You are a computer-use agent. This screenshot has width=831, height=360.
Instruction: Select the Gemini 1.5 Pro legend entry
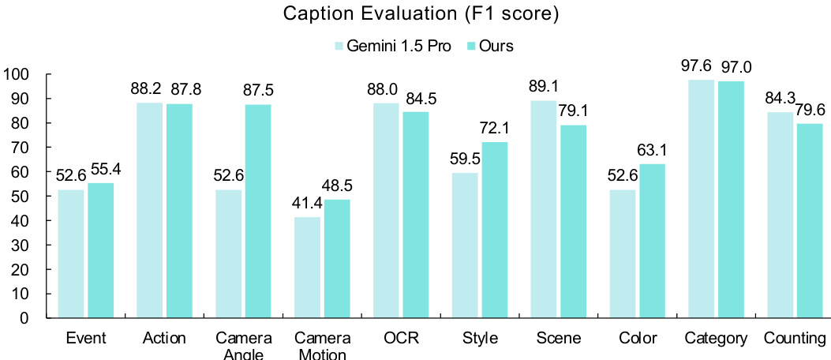[393, 46]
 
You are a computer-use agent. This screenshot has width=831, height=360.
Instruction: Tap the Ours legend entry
[490, 46]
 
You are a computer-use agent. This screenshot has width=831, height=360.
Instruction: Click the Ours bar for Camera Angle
[257, 211]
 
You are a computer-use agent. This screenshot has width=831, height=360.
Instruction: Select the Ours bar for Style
[494, 230]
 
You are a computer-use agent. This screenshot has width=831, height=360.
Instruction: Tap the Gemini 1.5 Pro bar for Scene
[544, 209]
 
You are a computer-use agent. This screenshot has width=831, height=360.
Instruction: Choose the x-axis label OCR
[402, 339]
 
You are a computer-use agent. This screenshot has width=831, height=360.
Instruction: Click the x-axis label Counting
[795, 339]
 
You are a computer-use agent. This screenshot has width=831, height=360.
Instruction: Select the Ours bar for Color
[652, 241]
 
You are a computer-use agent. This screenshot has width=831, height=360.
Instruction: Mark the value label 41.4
[306, 203]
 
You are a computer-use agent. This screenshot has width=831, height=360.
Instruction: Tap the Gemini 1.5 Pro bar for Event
[71, 253]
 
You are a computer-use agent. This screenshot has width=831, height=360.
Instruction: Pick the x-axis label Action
[165, 339]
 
